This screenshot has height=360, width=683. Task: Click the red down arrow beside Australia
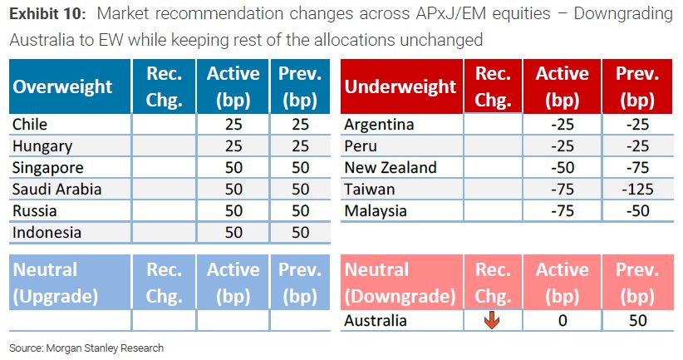click(x=492, y=320)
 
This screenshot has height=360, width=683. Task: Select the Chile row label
click(x=30, y=124)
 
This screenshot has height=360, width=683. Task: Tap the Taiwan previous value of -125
click(x=637, y=190)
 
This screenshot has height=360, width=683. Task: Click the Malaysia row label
click(x=375, y=211)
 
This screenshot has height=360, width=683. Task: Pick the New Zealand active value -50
click(x=563, y=167)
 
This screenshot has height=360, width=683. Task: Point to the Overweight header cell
click(x=70, y=86)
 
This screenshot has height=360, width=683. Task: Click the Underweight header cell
click(x=401, y=86)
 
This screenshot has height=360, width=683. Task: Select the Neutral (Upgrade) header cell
click(x=70, y=283)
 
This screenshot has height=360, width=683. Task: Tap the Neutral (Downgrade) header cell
click(x=401, y=283)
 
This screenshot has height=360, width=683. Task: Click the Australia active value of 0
click(x=563, y=320)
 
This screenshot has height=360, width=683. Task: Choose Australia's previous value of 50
click(x=637, y=320)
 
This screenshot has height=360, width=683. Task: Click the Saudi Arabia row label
click(x=57, y=190)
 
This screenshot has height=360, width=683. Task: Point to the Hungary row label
click(x=42, y=146)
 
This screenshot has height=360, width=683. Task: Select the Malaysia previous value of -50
click(x=637, y=211)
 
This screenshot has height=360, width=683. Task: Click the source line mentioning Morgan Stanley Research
click(x=86, y=348)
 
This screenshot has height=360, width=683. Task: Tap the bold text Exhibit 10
click(x=47, y=14)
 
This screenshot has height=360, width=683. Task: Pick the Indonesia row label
click(x=47, y=232)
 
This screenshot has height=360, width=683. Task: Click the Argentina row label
click(x=379, y=125)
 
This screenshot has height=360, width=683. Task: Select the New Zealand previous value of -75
click(x=637, y=167)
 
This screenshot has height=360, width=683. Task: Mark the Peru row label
click(x=361, y=146)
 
